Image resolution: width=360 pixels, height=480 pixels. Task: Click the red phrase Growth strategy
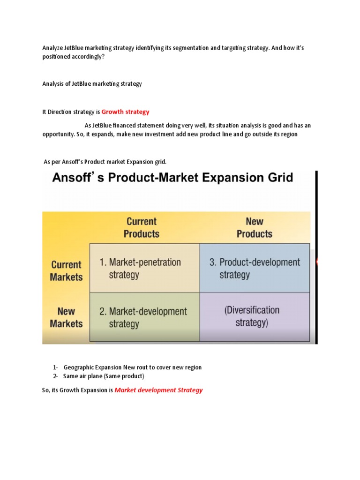[125, 112]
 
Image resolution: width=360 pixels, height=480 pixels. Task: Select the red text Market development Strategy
[158, 390]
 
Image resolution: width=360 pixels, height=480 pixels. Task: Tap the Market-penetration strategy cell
[144, 268]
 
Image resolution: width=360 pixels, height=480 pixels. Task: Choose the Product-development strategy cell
[255, 268]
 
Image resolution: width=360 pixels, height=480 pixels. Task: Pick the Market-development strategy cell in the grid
[144, 317]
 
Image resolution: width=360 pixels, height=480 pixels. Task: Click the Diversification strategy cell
[255, 316]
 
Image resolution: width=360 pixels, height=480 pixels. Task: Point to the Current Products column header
[142, 227]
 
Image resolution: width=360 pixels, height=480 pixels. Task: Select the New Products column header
[254, 227]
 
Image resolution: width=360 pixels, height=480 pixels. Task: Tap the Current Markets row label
[66, 270]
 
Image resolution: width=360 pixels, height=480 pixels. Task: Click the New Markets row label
[66, 317]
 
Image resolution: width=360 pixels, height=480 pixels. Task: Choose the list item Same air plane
[104, 376]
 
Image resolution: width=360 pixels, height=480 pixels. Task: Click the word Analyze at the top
[52, 48]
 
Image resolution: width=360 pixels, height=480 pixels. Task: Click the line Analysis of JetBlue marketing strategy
[92, 84]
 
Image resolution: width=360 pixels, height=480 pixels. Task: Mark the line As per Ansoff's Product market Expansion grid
[105, 162]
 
